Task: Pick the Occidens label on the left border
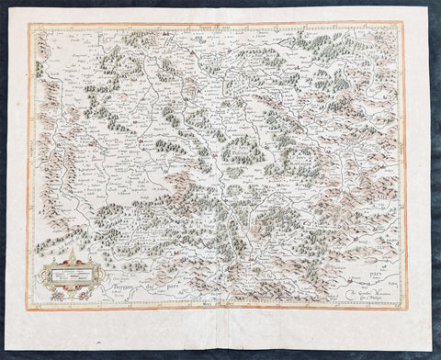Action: pyautogui.click(x=30, y=165)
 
